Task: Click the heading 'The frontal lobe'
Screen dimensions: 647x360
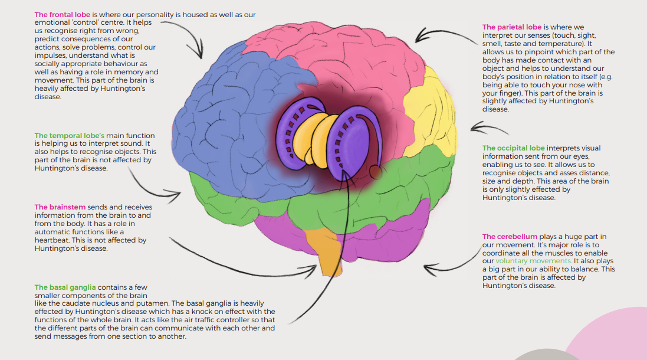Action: pyautogui.click(x=63, y=15)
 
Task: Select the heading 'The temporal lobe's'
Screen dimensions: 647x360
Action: pyautogui.click(x=70, y=136)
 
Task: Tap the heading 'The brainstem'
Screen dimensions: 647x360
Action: pyautogui.click(x=60, y=207)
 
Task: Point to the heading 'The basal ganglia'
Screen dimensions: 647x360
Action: pyautogui.click(x=65, y=287)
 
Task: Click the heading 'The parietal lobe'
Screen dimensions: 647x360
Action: pyautogui.click(x=512, y=27)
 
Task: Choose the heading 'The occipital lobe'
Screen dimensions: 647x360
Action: pyautogui.click(x=514, y=148)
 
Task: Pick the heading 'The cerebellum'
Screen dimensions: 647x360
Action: pyautogui.click(x=510, y=237)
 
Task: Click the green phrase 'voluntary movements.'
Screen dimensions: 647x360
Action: pyautogui.click(x=534, y=261)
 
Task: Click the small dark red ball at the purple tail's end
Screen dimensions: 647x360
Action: pyautogui.click(x=376, y=172)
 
